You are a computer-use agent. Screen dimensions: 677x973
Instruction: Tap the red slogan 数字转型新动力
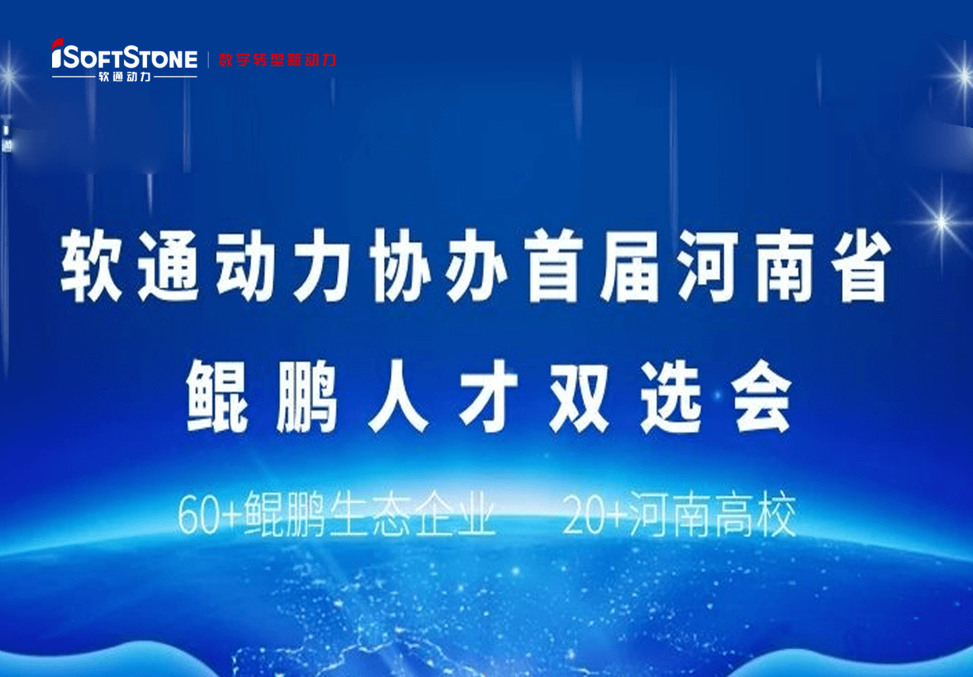pos(278,59)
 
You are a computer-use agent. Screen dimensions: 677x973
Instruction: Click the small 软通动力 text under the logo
pos(125,77)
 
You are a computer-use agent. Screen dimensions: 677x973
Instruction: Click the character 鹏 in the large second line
pos(308,399)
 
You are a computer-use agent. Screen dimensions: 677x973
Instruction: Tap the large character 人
pos(399,399)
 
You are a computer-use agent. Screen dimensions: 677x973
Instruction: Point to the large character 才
pos(490,399)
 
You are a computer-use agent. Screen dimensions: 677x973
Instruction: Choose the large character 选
pos(671,399)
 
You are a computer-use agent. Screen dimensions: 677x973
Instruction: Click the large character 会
pos(762,399)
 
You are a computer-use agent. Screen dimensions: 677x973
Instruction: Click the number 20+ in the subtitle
pos(591,516)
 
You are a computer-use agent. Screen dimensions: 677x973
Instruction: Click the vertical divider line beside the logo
pos(208,59)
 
